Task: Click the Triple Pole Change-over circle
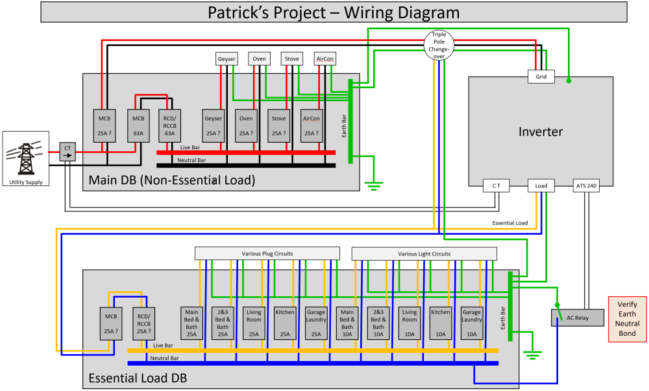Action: point(439,45)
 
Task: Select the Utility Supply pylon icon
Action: point(24,159)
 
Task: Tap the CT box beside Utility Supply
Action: point(67,152)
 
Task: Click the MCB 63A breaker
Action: point(138,126)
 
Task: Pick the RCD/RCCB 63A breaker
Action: point(169,126)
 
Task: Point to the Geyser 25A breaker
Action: point(213,126)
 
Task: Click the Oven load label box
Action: point(259,59)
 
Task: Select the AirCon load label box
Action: point(325,59)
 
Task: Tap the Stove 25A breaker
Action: point(278,126)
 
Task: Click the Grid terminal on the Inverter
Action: point(541,77)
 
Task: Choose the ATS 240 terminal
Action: point(586,185)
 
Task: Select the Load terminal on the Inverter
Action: point(541,185)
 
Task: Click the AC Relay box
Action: point(578,318)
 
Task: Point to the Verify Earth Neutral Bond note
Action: point(627,319)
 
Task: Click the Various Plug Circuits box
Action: point(267,254)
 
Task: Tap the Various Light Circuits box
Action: point(424,254)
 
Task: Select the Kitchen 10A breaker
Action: point(441,323)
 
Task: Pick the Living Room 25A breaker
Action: point(254,323)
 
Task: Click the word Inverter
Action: point(541,132)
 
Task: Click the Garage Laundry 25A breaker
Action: point(316,323)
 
